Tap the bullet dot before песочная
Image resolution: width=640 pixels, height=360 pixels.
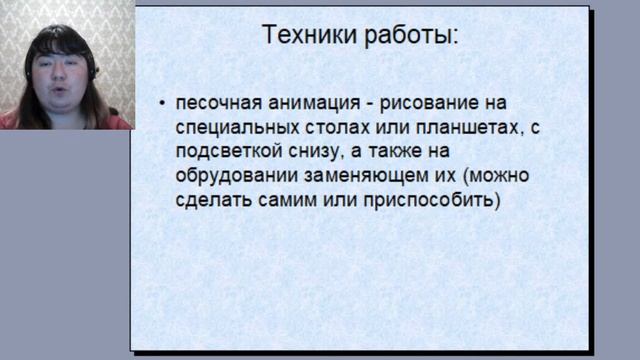pos(163,103)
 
